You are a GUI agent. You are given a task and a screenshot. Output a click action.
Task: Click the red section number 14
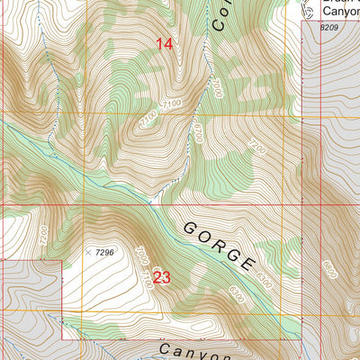tap(164, 43)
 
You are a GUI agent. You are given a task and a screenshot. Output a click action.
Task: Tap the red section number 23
tap(161, 277)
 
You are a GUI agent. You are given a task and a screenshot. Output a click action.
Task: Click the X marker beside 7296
tap(87, 253)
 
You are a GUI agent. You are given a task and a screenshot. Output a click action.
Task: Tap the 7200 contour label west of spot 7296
tap(42, 237)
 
